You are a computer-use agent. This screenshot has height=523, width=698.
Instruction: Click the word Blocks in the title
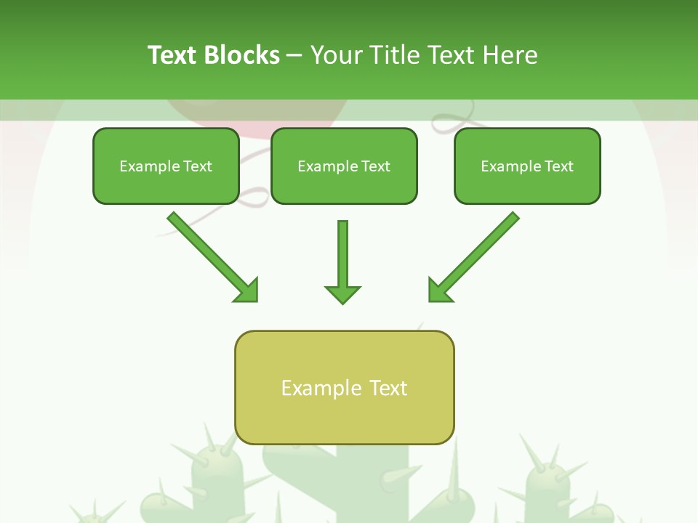click(241, 55)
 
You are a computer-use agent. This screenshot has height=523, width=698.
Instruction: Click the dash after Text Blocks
click(294, 55)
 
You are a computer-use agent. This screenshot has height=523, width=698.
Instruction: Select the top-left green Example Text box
click(166, 166)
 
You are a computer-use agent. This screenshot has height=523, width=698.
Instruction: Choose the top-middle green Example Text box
click(344, 166)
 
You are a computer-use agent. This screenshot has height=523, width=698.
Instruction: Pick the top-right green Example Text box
click(527, 166)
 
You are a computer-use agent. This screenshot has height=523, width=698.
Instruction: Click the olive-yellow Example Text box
click(344, 387)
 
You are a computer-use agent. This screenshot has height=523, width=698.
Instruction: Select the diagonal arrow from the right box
click(480, 251)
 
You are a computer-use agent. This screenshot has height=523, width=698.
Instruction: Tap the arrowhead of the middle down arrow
click(342, 294)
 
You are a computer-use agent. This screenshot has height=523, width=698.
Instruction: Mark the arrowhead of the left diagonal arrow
click(247, 291)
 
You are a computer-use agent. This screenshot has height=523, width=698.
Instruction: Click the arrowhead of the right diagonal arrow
click(439, 291)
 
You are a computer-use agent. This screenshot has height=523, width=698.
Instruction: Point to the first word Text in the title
click(173, 55)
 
